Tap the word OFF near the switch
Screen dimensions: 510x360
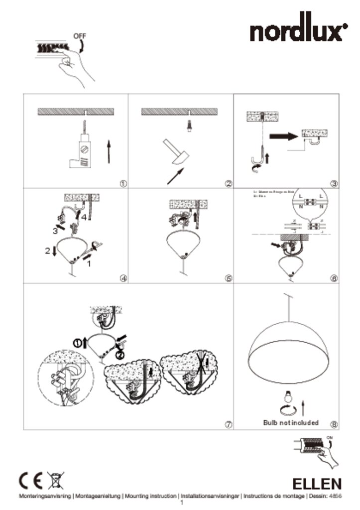point(79,36)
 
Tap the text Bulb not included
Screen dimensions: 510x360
point(291,422)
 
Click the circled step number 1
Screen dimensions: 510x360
point(123,183)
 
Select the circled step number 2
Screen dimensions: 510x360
point(229,183)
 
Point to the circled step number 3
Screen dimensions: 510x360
point(334,183)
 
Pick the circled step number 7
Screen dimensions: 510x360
point(229,424)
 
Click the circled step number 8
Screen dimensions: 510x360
point(334,424)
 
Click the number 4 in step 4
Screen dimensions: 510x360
point(85,217)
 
